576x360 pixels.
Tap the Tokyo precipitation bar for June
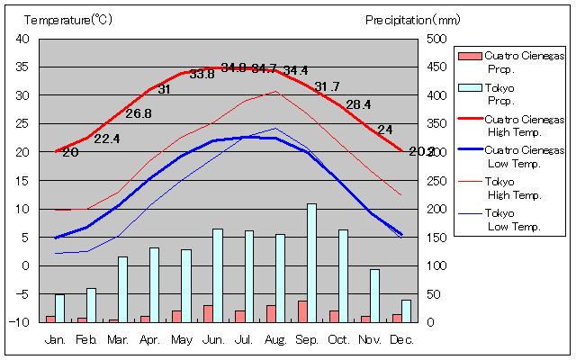[217, 275]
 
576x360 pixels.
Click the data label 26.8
[139, 113]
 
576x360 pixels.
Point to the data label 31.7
[327, 86]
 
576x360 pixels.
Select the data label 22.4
[106, 139]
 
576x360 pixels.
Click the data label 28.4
[358, 104]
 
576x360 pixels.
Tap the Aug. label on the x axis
[275, 339]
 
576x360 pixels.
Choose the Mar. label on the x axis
[118, 339]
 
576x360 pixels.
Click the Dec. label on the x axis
[401, 339]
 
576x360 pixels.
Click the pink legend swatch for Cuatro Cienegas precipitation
[468, 56]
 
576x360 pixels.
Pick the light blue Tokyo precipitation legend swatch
[468, 87]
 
